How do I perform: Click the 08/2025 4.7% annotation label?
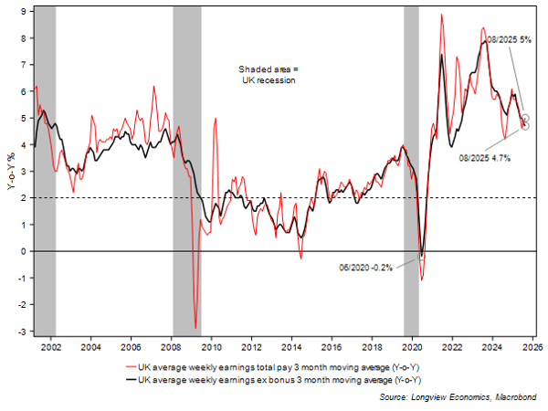click(484, 157)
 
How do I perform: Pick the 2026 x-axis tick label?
click(532, 348)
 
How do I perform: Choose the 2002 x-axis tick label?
click(51, 348)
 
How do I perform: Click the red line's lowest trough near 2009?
click(195, 327)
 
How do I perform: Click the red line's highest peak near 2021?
click(442, 15)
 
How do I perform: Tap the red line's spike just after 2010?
click(215, 119)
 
